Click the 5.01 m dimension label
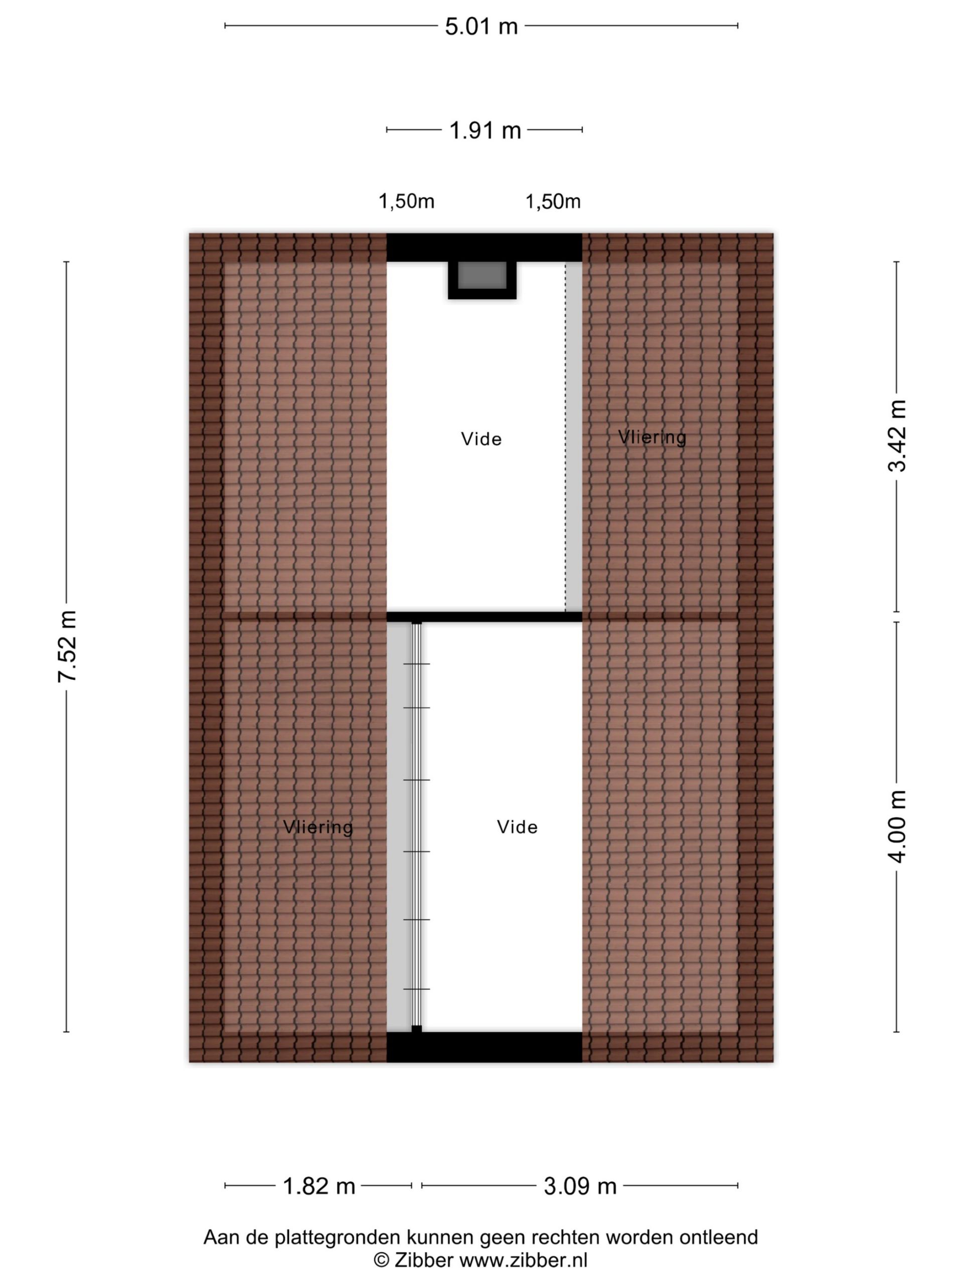click(481, 27)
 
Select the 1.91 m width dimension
click(486, 130)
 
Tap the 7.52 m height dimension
click(68, 646)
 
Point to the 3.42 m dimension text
click(897, 436)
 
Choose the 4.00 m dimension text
click(897, 827)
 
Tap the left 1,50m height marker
click(406, 202)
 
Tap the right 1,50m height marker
click(553, 202)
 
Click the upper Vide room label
click(481, 439)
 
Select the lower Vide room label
click(517, 827)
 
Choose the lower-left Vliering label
click(318, 827)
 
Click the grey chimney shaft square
click(482, 275)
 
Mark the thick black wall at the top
click(484, 248)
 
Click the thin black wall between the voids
click(484, 617)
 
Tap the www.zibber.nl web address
click(524, 1260)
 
